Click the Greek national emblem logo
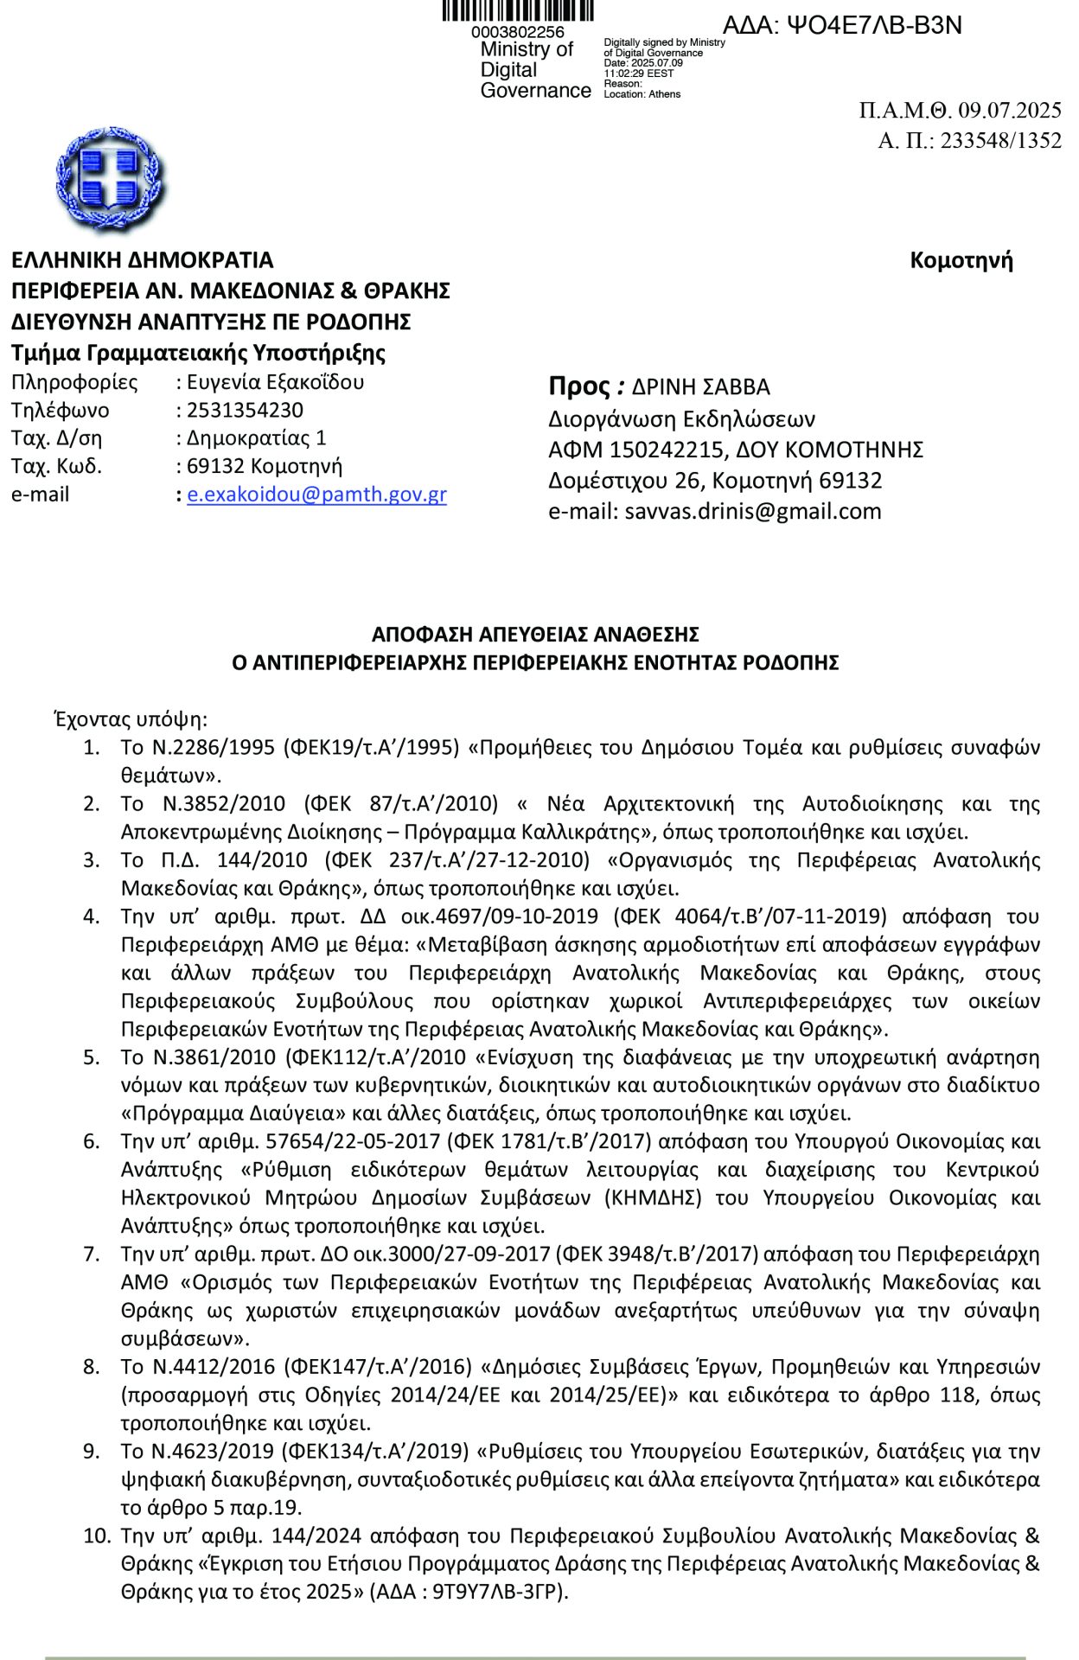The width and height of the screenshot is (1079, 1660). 110,179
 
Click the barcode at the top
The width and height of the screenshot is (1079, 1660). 518,10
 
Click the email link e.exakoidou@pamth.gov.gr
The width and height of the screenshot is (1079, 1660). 316,495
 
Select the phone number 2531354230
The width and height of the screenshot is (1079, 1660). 245,410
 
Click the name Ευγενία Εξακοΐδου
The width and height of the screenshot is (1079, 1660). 275,381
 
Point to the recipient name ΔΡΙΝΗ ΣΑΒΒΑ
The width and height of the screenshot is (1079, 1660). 700,386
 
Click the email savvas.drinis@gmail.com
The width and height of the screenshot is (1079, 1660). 752,511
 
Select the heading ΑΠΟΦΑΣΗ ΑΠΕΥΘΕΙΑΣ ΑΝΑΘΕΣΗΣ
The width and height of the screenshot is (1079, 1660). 535,635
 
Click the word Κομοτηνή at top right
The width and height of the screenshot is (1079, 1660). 961,260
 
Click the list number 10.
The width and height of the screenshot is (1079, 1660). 97,1535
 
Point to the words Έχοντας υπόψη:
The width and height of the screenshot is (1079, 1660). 131,719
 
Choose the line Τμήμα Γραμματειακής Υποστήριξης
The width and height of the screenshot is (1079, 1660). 199,353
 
